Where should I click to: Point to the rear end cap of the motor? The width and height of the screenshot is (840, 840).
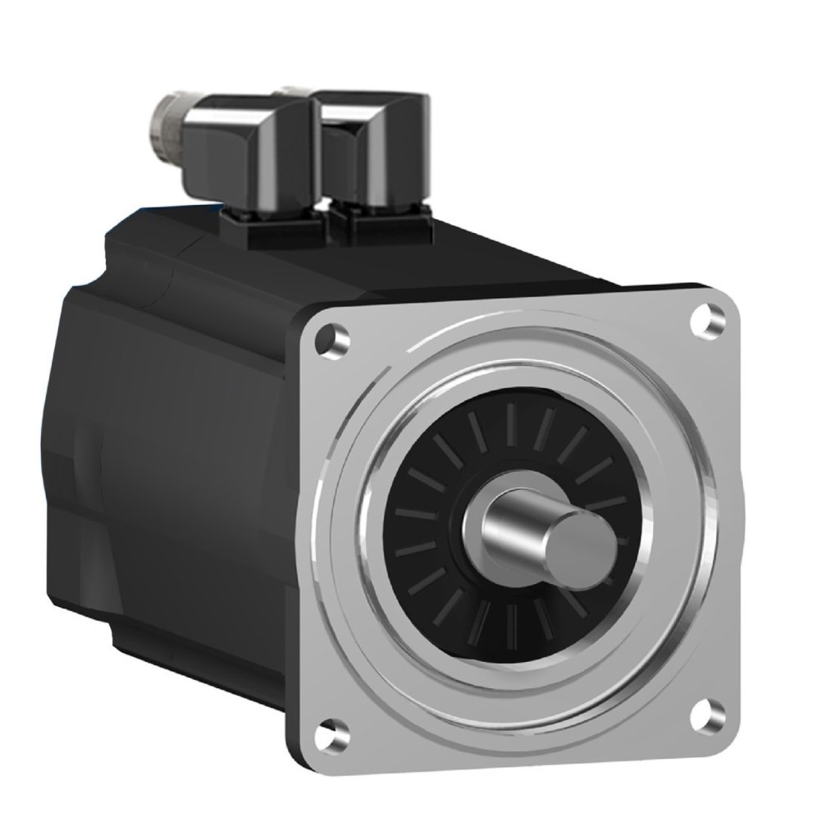click(74, 443)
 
